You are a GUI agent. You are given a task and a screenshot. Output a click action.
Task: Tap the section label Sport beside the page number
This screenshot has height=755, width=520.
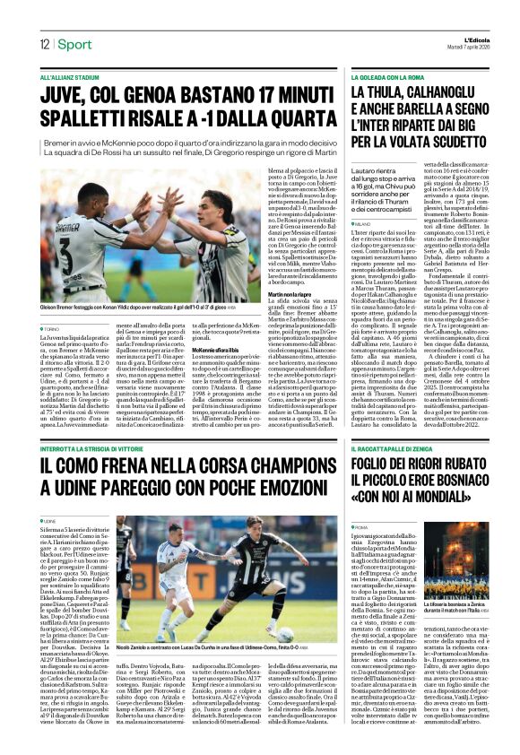point(76,45)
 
